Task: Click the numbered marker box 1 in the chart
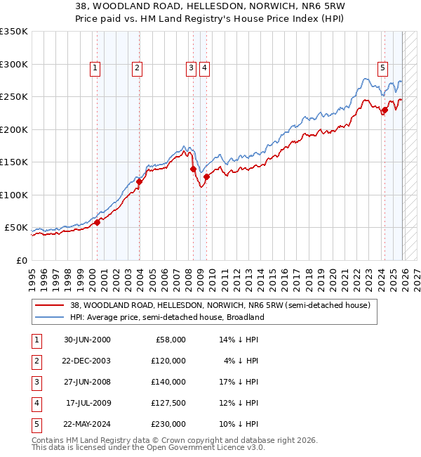pyautogui.click(x=95, y=68)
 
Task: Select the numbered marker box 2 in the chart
pyautogui.click(x=137, y=68)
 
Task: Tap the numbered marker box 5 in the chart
pyautogui.click(x=382, y=68)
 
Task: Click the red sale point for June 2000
pyautogui.click(x=98, y=222)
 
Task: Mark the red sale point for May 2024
pyautogui.click(x=385, y=110)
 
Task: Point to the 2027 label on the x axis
pyautogui.click(x=415, y=273)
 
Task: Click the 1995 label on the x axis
pyautogui.click(x=32, y=273)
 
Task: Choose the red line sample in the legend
pyautogui.click(x=50, y=306)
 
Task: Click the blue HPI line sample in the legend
pyautogui.click(x=50, y=317)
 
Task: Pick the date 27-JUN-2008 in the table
pyautogui.click(x=86, y=382)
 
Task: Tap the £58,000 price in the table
pyautogui.click(x=169, y=340)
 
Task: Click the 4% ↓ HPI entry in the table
pyautogui.click(x=241, y=361)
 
